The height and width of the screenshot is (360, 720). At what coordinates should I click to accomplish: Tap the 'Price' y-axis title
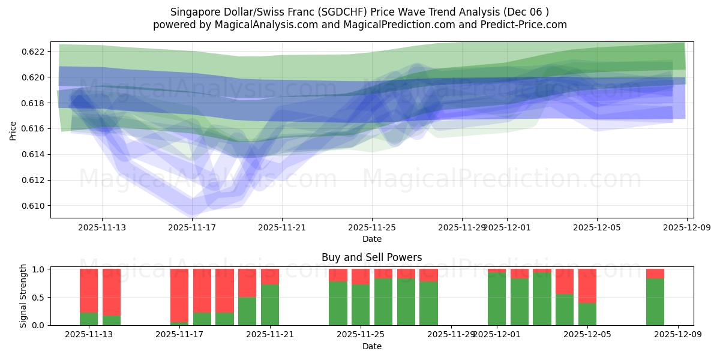(x=13, y=130)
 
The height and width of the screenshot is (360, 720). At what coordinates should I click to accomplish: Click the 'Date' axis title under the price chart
(x=371, y=239)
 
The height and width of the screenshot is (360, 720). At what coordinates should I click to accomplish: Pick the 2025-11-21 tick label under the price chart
(x=282, y=227)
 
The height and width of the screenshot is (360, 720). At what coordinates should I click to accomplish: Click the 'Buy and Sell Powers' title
(x=371, y=257)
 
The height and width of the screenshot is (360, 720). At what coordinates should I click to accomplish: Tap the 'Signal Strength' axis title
(x=24, y=296)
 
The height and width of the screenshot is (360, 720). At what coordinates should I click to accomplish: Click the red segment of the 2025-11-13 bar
(x=89, y=290)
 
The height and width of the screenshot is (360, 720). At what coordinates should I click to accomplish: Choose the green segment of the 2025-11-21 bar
(x=270, y=305)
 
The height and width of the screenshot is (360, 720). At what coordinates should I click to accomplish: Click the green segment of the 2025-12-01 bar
(x=496, y=299)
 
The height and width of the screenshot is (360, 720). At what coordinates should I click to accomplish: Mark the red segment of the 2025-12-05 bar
(x=587, y=286)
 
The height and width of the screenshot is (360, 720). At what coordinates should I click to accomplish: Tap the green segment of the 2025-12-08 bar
(x=655, y=302)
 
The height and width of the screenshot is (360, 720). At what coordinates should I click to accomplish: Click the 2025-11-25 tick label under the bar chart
(x=361, y=335)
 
